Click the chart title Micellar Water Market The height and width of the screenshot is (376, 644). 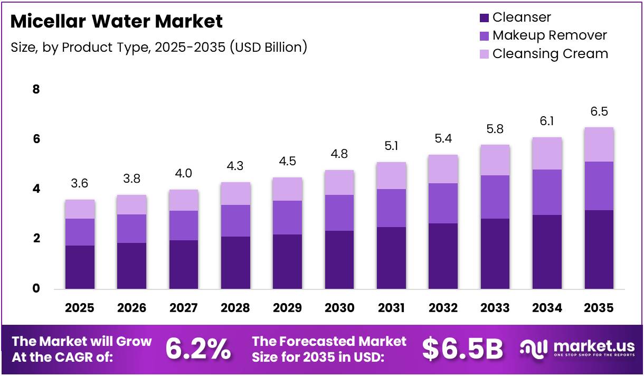(x=116, y=22)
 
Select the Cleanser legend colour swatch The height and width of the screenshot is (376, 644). (x=484, y=18)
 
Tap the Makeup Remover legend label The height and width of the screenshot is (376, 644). (x=550, y=35)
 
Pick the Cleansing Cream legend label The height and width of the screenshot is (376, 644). (x=550, y=54)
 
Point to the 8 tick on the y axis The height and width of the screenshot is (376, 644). (x=36, y=90)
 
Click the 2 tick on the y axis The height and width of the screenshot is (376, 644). (x=36, y=239)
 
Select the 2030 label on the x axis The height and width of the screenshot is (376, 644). (x=339, y=308)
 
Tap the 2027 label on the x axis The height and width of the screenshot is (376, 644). (x=183, y=308)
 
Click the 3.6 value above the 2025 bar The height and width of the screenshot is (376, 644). (x=80, y=184)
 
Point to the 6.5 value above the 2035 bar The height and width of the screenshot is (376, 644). (x=599, y=111)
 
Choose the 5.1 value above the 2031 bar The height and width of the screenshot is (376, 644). (x=391, y=146)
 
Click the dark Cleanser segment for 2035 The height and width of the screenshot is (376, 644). (x=599, y=249)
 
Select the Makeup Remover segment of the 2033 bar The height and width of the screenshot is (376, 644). (x=495, y=196)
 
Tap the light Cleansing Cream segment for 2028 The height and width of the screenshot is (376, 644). (x=235, y=193)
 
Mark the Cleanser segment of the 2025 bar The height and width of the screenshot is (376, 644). (x=80, y=267)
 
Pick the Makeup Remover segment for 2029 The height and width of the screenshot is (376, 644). (x=287, y=217)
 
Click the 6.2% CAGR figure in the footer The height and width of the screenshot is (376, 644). (x=198, y=349)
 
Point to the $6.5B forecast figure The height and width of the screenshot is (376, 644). (x=462, y=349)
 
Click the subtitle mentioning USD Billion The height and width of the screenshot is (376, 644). (x=159, y=47)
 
